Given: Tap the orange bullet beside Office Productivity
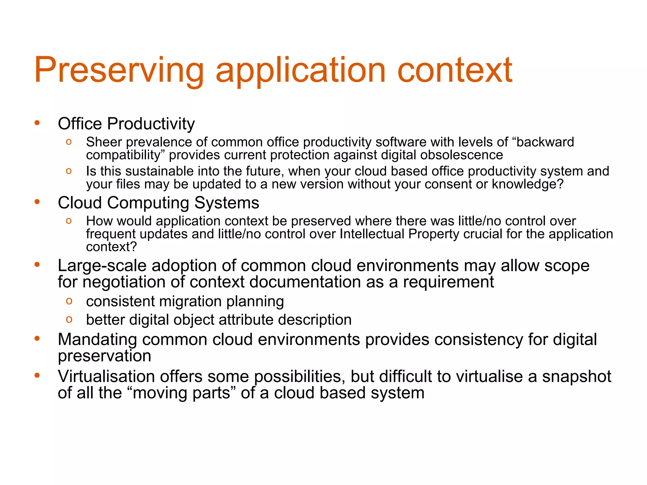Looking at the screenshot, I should (37, 123).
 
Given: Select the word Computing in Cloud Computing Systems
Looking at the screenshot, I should (148, 203).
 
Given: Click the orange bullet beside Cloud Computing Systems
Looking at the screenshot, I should (37, 202).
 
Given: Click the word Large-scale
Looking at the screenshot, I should (102, 266).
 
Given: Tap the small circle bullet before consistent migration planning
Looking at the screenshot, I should (69, 301).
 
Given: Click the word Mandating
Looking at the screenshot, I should (97, 340).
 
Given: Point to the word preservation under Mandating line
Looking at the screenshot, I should (104, 356).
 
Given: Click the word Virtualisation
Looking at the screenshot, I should (106, 377).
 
